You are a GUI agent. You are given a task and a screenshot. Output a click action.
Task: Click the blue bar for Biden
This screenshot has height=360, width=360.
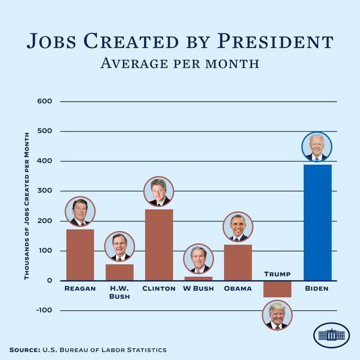click(318, 222)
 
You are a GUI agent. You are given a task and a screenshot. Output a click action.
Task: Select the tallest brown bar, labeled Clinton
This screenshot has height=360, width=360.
click(159, 245)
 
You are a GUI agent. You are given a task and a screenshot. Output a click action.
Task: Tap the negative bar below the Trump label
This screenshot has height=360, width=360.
click(277, 289)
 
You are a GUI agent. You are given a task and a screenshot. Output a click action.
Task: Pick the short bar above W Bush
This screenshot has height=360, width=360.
click(199, 278)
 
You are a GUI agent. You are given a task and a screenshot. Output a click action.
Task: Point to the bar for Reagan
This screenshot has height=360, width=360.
click(80, 255)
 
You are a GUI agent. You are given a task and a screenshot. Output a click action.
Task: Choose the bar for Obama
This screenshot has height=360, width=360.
click(238, 263)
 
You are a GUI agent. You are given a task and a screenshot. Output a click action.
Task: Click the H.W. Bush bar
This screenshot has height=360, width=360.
click(120, 272)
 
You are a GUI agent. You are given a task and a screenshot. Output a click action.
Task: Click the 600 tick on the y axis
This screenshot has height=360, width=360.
click(44, 101)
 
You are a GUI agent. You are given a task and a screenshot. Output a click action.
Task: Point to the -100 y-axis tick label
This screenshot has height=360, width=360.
click(44, 310)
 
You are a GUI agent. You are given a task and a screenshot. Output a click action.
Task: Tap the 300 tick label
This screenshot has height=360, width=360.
click(44, 191)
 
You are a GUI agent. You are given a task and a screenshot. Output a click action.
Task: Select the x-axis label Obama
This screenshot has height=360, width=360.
click(238, 289)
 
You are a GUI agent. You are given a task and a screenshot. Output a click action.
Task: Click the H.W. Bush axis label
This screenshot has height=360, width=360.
click(120, 292)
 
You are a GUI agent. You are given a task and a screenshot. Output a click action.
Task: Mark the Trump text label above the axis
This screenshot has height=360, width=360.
click(277, 274)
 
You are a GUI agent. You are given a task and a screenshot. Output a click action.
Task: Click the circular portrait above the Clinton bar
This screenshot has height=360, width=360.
click(159, 191)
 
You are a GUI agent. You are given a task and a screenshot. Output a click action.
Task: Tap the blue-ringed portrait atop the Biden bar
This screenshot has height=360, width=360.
click(317, 147)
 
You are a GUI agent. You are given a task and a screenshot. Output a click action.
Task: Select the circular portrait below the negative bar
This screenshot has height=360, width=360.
click(277, 315)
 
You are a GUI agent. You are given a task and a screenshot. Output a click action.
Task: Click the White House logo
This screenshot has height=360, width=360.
click(331, 335)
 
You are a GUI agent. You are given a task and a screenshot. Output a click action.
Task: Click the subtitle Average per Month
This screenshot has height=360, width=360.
click(180, 64)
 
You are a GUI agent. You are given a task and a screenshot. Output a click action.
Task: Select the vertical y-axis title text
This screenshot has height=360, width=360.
click(27, 206)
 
